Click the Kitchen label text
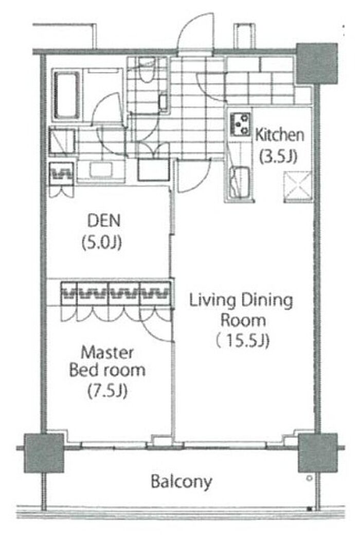point(279,135)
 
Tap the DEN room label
point(104,221)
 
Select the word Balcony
point(181,482)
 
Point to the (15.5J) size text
point(242,341)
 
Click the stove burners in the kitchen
point(240,124)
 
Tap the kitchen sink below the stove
point(240,182)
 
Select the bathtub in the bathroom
point(66,96)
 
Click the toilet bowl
point(147,70)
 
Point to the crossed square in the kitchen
point(298,187)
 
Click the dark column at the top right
point(317,64)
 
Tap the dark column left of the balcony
point(44,453)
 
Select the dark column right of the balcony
point(317,453)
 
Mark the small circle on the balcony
point(309,478)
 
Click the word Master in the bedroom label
point(107,353)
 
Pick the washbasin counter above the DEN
point(101,170)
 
